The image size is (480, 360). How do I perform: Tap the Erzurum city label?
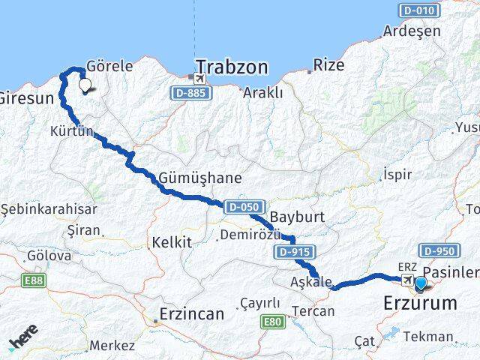coord(419,304)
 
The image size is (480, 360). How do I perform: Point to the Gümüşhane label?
coord(200,178)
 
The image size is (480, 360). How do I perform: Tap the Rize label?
coord(328,65)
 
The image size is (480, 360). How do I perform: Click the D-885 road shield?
coord(189,92)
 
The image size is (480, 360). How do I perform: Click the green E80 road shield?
coord(272,322)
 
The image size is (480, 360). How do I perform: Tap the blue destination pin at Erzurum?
coord(421,283)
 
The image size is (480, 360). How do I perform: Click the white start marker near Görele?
coord(85,86)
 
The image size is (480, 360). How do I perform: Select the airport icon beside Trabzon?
coord(199,78)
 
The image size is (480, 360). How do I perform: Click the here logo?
coord(24,339)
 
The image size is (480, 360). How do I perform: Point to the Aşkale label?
coord(308,282)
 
